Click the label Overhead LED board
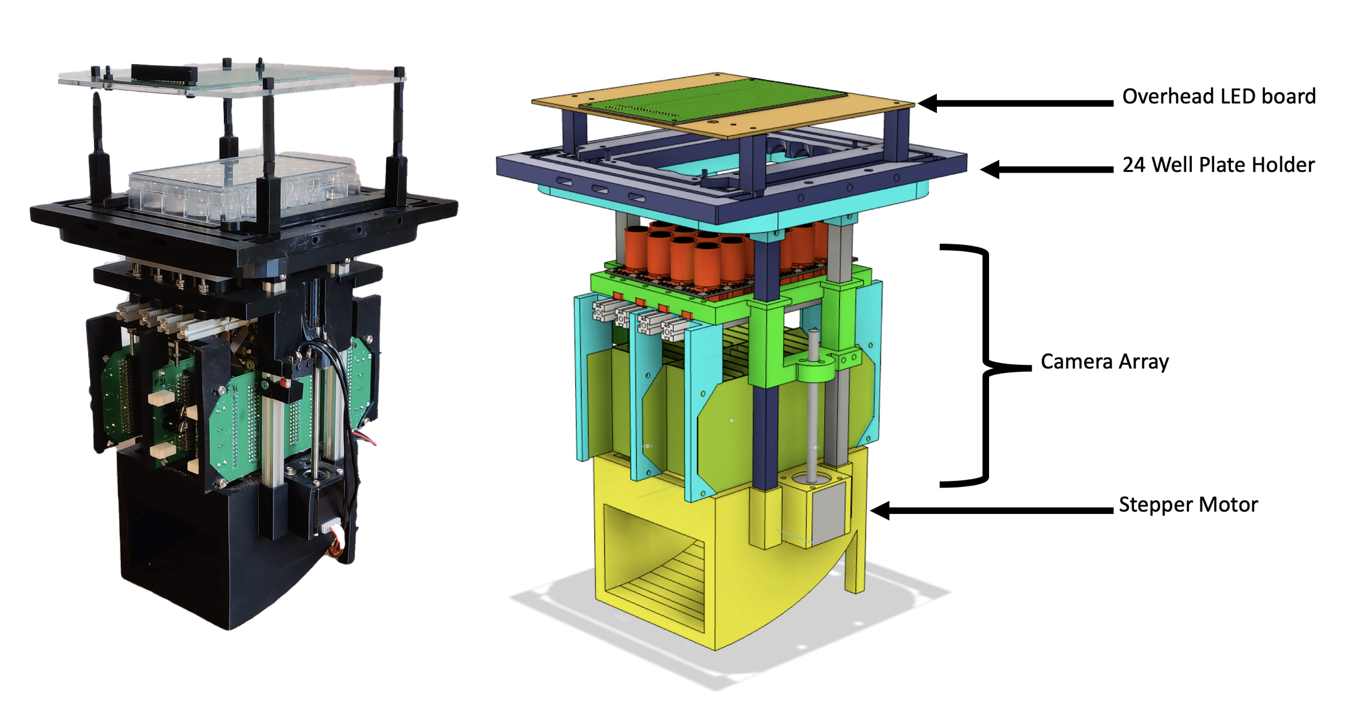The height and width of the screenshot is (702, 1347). tap(1218, 96)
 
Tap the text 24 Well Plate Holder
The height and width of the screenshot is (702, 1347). tap(1218, 165)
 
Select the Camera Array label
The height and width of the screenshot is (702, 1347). tap(1105, 362)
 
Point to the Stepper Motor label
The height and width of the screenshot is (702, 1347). tap(1188, 504)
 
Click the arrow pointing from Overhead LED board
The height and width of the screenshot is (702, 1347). tap(1015, 103)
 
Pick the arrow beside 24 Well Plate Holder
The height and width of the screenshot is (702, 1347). tap(1046, 169)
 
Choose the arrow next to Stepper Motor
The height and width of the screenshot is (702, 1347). tap(991, 510)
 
